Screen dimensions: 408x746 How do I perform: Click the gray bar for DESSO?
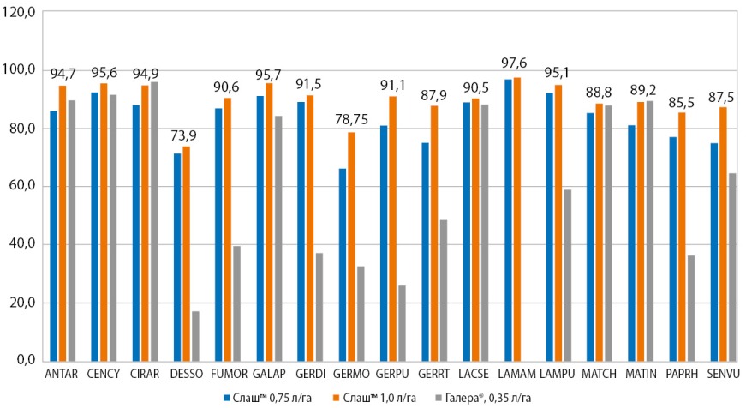[x=195, y=336]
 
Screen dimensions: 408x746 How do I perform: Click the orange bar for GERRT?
[x=434, y=233]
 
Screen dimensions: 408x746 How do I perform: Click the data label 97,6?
[x=516, y=62]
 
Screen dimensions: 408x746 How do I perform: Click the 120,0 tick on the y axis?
[x=19, y=12]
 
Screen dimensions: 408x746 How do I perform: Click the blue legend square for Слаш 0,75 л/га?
[x=226, y=398]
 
